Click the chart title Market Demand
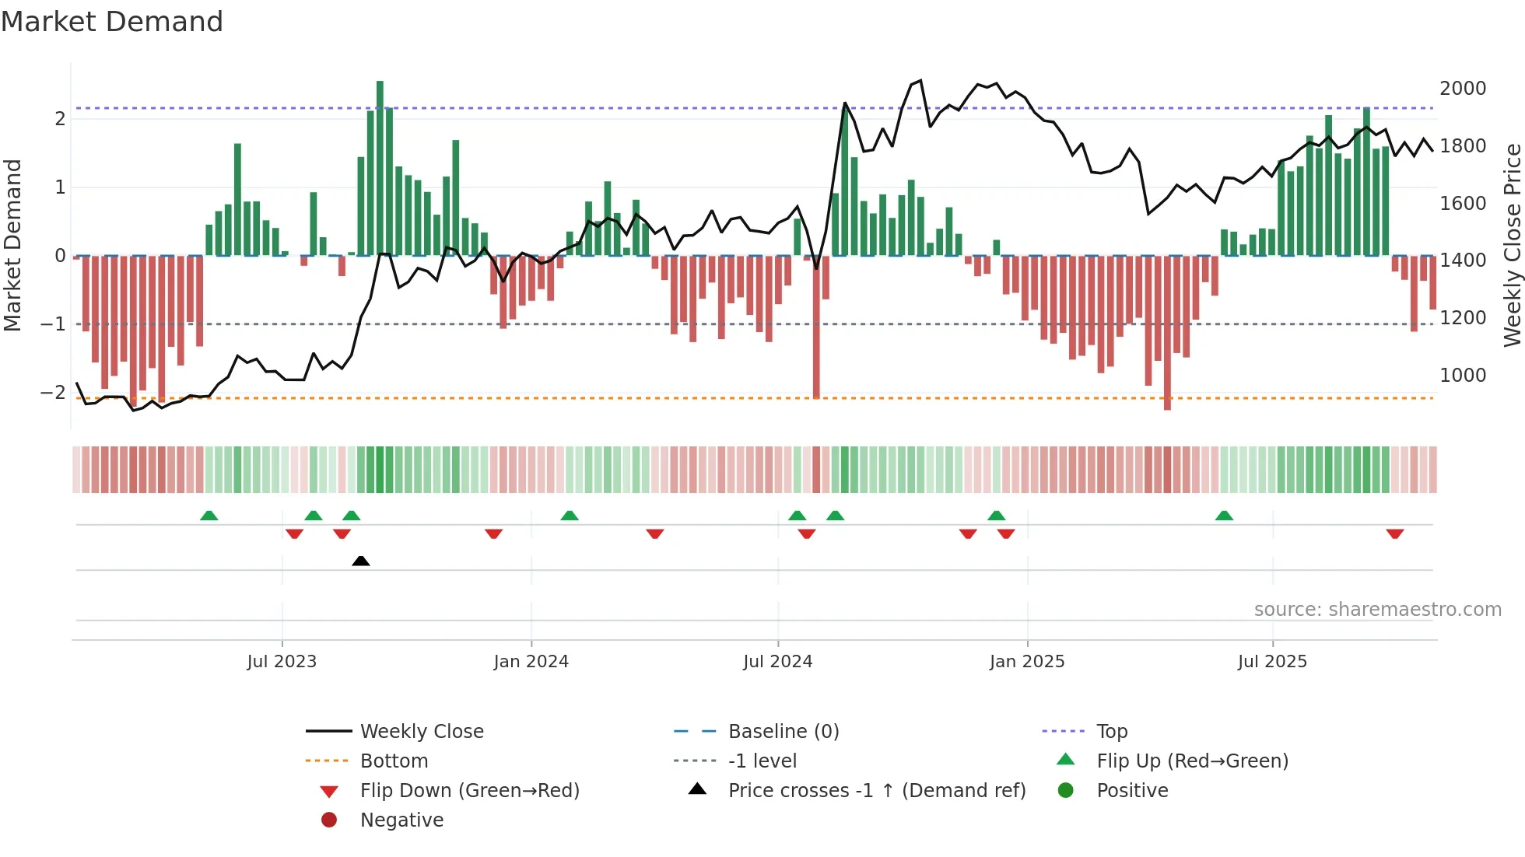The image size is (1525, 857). click(x=112, y=22)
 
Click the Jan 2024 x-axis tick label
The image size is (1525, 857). click(x=531, y=662)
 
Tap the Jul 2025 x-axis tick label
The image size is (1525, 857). click(x=1272, y=662)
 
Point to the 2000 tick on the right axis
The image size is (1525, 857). click(x=1462, y=89)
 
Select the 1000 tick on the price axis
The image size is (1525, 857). click(x=1462, y=376)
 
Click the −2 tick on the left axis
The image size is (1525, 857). click(x=53, y=393)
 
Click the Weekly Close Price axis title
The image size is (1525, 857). click(x=1512, y=245)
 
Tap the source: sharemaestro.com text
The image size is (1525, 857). click(x=1377, y=610)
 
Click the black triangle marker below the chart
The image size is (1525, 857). click(x=360, y=561)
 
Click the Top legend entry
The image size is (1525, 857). click(x=1111, y=732)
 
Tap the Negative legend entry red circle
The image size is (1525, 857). click(x=329, y=820)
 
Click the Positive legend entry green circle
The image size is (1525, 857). click(x=1066, y=791)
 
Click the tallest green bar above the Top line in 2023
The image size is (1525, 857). click(x=380, y=156)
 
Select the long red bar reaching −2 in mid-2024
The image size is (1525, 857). click(x=816, y=327)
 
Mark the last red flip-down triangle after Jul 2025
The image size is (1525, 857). click(x=1394, y=534)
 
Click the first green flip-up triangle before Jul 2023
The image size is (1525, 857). click(x=209, y=516)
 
